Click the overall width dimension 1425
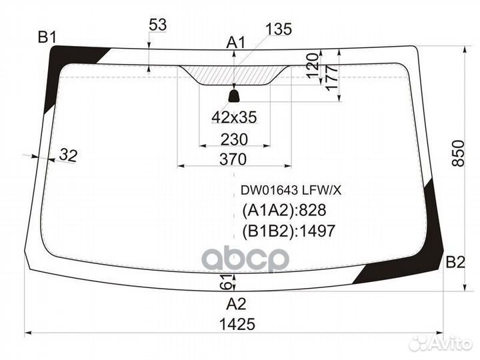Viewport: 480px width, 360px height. coord(237,324)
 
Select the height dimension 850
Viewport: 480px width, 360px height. coord(458,153)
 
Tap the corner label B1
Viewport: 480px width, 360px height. coord(47,37)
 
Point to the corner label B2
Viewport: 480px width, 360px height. coord(455,262)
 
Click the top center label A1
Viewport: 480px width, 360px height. coord(236,43)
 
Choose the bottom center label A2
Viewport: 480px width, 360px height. coord(236,304)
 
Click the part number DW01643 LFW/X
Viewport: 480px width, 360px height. coord(291,191)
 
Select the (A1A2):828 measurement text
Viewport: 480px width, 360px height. coord(284,210)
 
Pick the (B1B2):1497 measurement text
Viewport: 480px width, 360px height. coord(289,231)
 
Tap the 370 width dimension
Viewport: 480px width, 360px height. coord(233,159)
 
